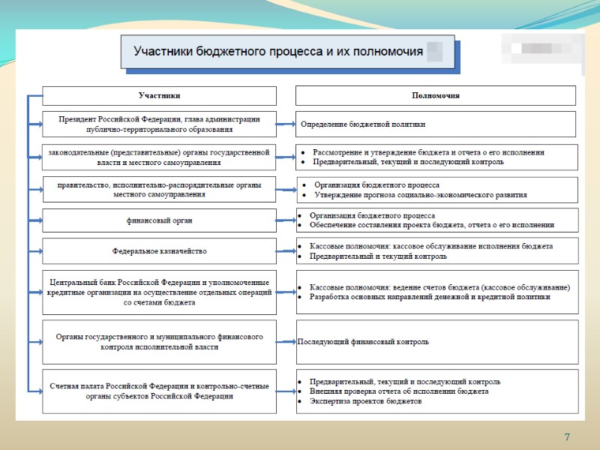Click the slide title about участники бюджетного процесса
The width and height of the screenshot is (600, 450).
click(277, 52)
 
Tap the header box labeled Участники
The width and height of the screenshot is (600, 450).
click(159, 96)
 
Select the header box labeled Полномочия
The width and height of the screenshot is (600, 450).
click(436, 96)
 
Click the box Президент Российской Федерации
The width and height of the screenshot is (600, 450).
click(159, 124)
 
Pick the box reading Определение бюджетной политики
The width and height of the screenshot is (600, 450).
click(436, 124)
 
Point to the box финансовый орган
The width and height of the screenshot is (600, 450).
click(159, 220)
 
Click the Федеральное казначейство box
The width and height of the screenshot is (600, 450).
click(159, 251)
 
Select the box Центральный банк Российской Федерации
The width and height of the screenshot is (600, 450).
click(159, 292)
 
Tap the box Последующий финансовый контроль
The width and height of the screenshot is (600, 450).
click(436, 342)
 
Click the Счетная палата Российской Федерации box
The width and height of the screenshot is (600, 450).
click(159, 391)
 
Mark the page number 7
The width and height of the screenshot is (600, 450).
click(567, 437)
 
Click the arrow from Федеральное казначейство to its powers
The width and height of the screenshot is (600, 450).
click(286, 251)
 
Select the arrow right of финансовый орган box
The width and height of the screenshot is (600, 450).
click(286, 220)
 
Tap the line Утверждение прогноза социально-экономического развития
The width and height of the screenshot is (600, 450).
click(420, 195)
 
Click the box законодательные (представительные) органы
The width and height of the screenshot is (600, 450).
click(159, 157)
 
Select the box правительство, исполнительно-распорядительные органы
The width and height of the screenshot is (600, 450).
click(159, 189)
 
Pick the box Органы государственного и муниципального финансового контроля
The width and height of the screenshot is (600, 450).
click(159, 342)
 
